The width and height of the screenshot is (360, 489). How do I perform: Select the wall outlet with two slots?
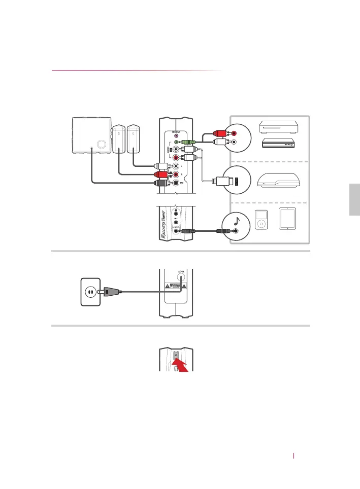(89, 292)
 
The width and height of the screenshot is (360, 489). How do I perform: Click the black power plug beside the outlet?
(111, 292)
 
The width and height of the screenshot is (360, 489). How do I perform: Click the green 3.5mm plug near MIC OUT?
(188, 143)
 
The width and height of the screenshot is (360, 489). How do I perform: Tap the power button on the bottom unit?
(176, 355)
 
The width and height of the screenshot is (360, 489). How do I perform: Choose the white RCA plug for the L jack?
(162, 165)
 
